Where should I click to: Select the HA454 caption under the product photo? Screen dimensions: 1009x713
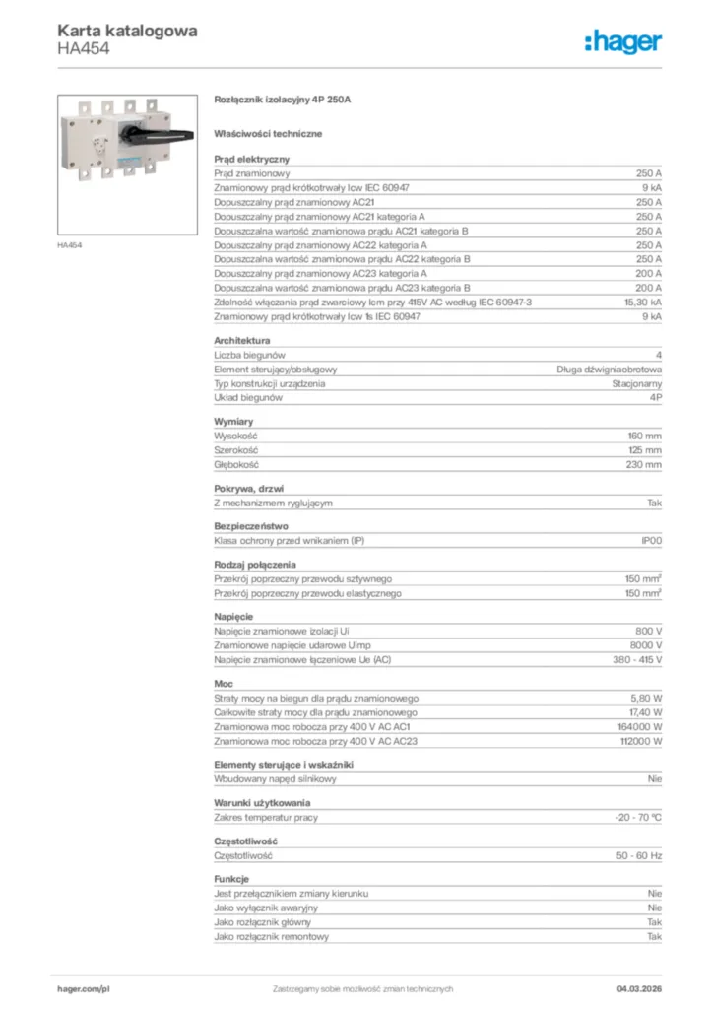[x=69, y=244]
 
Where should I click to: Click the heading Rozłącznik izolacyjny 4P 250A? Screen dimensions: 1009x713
[x=283, y=100]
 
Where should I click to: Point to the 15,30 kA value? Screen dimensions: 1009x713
[x=642, y=303]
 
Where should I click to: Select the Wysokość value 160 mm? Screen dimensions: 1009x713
[x=645, y=435]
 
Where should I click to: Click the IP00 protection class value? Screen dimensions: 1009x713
[x=651, y=540]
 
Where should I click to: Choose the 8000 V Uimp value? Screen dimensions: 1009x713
[x=645, y=644]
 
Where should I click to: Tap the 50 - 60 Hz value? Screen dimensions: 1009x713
[x=639, y=855]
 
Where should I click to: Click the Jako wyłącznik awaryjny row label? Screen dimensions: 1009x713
[x=266, y=907]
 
